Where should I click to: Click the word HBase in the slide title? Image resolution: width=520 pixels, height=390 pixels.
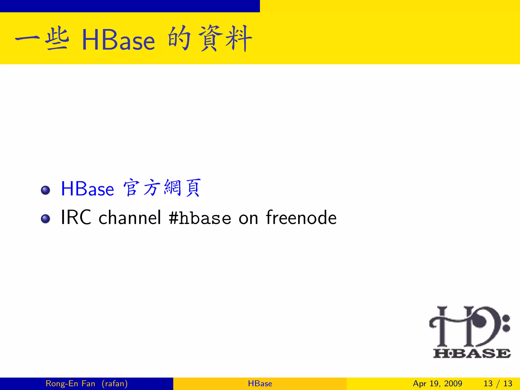(x=118, y=40)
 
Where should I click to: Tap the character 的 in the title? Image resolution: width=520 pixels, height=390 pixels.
(x=179, y=39)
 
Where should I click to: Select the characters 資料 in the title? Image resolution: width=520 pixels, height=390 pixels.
(x=225, y=39)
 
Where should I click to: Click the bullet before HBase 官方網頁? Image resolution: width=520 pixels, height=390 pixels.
(x=45, y=190)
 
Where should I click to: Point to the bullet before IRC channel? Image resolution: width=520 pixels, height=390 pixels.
(x=45, y=219)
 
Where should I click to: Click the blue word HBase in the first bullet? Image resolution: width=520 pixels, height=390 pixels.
(x=87, y=189)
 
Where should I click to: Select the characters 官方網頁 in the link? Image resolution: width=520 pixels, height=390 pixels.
(x=162, y=188)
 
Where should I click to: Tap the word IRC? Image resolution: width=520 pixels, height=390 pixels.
(x=76, y=218)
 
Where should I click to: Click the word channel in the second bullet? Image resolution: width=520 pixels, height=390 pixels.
(x=130, y=218)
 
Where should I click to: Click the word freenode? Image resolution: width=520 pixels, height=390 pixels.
(x=301, y=218)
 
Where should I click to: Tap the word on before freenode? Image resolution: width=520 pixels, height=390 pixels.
(x=248, y=219)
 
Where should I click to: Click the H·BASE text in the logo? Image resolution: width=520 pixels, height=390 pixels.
(x=472, y=353)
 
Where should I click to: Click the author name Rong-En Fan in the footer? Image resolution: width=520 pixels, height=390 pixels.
(x=70, y=383)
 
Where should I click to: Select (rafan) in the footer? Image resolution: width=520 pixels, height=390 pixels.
(x=115, y=383)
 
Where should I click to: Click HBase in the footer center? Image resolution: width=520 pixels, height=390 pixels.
(x=260, y=383)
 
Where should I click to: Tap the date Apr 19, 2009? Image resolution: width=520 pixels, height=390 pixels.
(x=437, y=383)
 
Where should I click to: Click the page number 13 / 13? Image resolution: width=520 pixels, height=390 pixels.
(x=498, y=383)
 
